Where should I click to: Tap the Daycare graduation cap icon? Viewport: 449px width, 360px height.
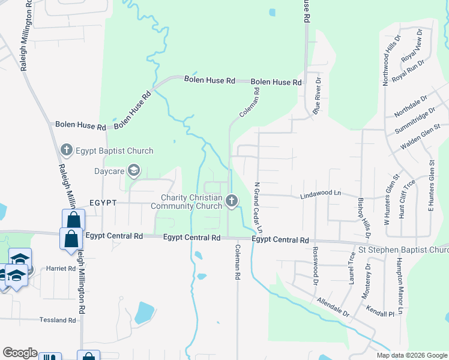pyautogui.click(x=133, y=172)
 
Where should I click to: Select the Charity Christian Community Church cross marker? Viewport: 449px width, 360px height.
pyautogui.click(x=232, y=201)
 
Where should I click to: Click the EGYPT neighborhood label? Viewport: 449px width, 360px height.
pyautogui.click(x=103, y=203)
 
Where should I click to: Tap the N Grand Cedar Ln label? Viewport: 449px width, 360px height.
pyautogui.click(x=259, y=208)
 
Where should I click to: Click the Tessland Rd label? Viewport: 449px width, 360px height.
pyautogui.click(x=58, y=320)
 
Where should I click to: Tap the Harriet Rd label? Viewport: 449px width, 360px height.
pyautogui.click(x=60, y=268)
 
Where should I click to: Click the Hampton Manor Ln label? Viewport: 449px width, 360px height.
pyautogui.click(x=399, y=281)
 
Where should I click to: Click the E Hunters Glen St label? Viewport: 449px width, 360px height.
pyautogui.click(x=430, y=185)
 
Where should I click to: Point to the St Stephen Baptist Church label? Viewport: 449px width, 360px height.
pyautogui.click(x=403, y=250)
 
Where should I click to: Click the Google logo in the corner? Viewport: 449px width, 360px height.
pyautogui.click(x=20, y=353)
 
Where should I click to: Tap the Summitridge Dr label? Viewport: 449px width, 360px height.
pyautogui.click(x=416, y=121)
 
